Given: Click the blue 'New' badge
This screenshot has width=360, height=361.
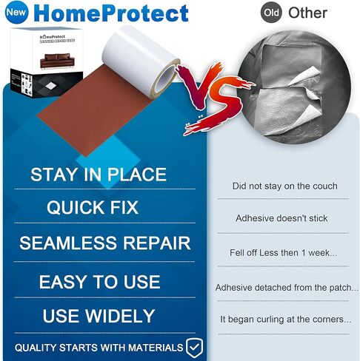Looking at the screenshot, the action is pyautogui.click(x=16, y=13).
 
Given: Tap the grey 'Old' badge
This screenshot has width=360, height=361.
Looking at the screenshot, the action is pyautogui.click(x=271, y=13).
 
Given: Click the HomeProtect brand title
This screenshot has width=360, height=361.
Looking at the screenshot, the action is pyautogui.click(x=111, y=13).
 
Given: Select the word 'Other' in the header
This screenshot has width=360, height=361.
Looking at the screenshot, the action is pyautogui.click(x=307, y=13).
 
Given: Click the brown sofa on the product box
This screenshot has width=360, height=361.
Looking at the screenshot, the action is pyautogui.click(x=57, y=61).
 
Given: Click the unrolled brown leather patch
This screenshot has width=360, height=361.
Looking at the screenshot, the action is pyautogui.click(x=94, y=111).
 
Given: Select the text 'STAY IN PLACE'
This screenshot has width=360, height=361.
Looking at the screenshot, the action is pyautogui.click(x=99, y=175).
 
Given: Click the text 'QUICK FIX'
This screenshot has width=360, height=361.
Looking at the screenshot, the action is pyautogui.click(x=93, y=207).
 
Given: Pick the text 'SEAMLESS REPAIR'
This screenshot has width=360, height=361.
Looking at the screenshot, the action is pyautogui.click(x=104, y=243).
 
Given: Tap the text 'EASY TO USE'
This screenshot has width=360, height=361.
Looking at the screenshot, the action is pyautogui.click(x=99, y=282).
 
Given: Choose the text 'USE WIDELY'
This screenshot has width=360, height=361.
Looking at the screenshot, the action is pyautogui.click(x=99, y=316).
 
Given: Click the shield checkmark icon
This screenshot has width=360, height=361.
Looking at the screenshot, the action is pyautogui.click(x=195, y=348).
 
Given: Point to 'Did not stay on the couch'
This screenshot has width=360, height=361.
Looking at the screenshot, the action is pyautogui.click(x=284, y=186).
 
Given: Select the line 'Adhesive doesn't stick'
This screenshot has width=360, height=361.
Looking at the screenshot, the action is pyautogui.click(x=281, y=218).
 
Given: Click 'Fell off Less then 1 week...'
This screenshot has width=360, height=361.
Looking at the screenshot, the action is pyautogui.click(x=283, y=253).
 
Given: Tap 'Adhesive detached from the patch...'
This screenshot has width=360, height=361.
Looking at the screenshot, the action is pyautogui.click(x=287, y=288).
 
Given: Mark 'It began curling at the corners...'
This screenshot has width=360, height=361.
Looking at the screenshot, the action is pyautogui.click(x=285, y=320).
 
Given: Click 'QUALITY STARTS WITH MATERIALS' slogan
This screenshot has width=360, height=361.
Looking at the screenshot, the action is pyautogui.click(x=99, y=348).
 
